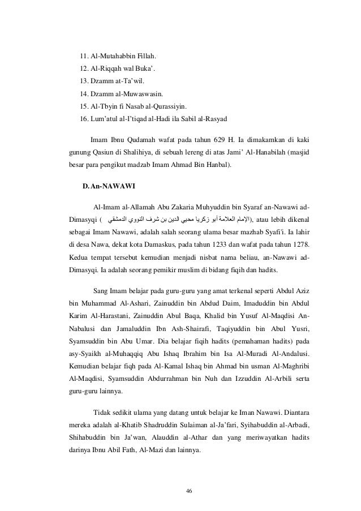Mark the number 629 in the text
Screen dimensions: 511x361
pos(225,139)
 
